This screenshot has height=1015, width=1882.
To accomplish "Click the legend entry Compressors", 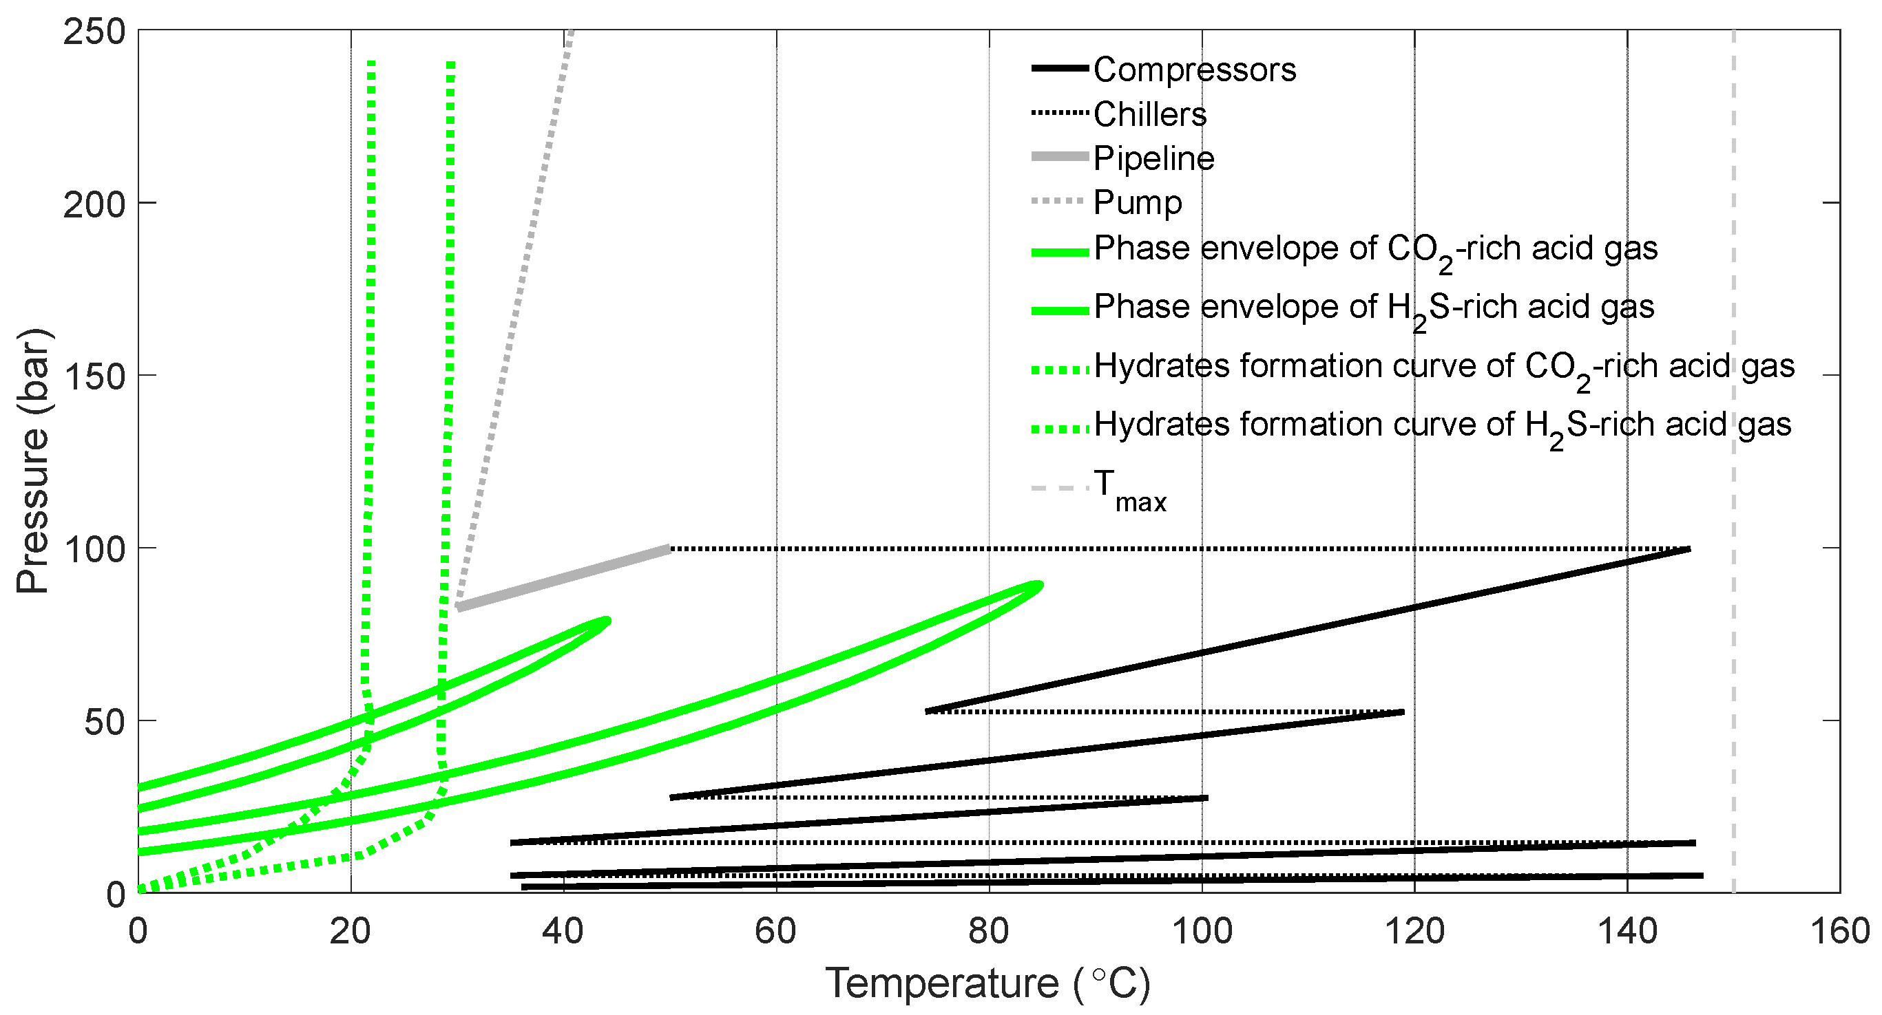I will (x=1194, y=70).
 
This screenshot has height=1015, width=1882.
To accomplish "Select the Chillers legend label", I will (x=1149, y=115).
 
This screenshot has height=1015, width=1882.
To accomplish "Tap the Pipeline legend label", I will (x=1153, y=158).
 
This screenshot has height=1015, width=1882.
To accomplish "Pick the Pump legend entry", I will (x=1137, y=202).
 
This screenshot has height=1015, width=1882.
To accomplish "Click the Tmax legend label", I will (x=1129, y=490).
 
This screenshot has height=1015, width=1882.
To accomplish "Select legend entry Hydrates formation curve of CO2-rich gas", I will (x=1443, y=367).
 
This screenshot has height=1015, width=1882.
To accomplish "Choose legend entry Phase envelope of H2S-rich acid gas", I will (x=1373, y=308).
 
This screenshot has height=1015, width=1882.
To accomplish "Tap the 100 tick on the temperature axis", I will (x=1202, y=932).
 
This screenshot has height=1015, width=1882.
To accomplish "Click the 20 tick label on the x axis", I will (x=351, y=932).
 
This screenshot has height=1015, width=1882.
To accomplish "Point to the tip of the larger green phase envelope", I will (x=1039, y=584).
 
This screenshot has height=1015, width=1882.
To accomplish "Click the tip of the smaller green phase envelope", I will (x=607, y=621).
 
